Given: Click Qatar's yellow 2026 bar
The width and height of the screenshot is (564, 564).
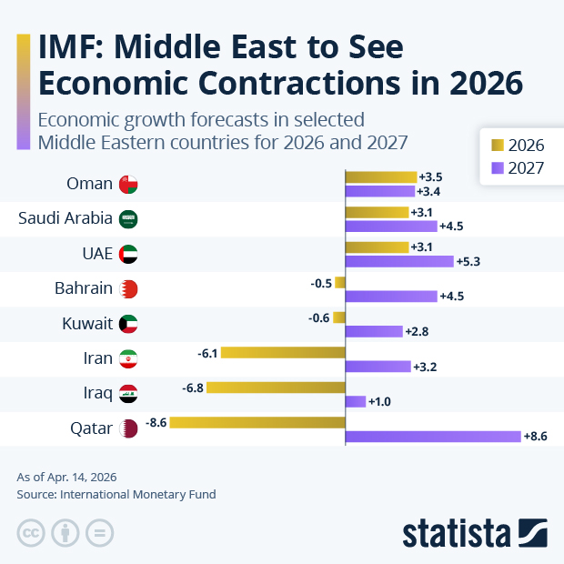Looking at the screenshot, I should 257,422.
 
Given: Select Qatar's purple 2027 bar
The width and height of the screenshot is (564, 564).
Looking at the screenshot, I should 433,437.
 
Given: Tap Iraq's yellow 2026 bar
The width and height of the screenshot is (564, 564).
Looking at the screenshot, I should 276,388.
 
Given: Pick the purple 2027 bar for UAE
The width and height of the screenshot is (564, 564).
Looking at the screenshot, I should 399,261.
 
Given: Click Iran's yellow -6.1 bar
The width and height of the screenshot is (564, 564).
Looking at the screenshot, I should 283,352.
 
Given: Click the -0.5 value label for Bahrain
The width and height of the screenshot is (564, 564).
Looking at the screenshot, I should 321,283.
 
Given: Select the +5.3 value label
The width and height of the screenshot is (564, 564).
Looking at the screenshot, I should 468,262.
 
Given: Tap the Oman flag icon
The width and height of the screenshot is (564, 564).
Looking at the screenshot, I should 129,184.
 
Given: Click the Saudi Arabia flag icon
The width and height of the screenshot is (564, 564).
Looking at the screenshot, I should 129,218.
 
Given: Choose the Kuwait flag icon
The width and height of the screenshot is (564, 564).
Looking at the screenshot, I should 129,324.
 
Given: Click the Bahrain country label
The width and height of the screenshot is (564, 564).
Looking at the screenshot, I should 84,288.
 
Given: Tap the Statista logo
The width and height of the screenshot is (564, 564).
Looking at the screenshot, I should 474,531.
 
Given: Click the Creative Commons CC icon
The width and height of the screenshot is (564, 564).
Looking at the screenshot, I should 31,533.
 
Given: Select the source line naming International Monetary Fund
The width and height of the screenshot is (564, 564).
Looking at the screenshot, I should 116,495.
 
